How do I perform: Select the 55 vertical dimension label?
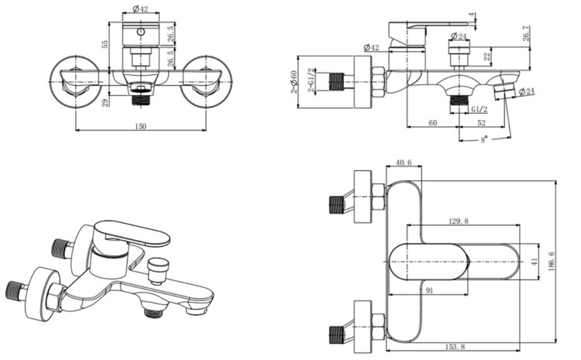point(105,45)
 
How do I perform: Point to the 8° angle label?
point(484,139)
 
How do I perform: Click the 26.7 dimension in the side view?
point(528,34)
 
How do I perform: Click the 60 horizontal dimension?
point(433,123)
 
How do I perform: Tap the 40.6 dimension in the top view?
point(403,163)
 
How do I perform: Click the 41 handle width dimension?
point(534,262)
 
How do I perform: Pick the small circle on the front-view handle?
point(141,33)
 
